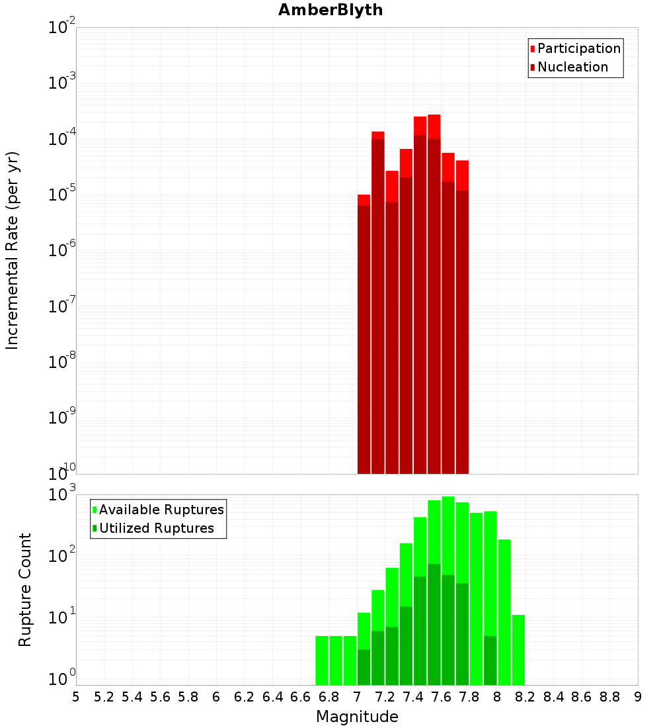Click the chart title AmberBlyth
[330, 10]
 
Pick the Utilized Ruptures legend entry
[156, 528]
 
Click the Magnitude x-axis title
[357, 717]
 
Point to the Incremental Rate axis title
[13, 250]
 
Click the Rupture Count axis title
[25, 590]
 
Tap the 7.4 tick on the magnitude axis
[413, 697]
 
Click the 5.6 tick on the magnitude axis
[160, 697]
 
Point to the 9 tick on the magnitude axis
[638, 697]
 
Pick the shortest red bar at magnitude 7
[364, 331]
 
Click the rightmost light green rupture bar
[518, 649]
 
